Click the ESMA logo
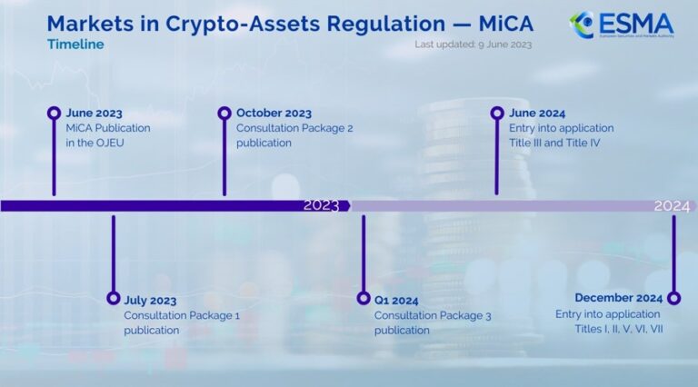pos(633,25)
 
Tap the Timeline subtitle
pos(75,45)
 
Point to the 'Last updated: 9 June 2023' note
pos(473,45)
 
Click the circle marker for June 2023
pos(54,114)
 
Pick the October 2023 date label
pos(274,114)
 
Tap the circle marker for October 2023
pos(224,114)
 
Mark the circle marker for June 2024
pos(496,114)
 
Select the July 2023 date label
pos(150,300)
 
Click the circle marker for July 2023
pos(113,298)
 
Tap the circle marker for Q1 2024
pos(364,298)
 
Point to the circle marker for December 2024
pos(673,298)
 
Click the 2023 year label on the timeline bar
pos(321,206)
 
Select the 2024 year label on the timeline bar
pos(672,206)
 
